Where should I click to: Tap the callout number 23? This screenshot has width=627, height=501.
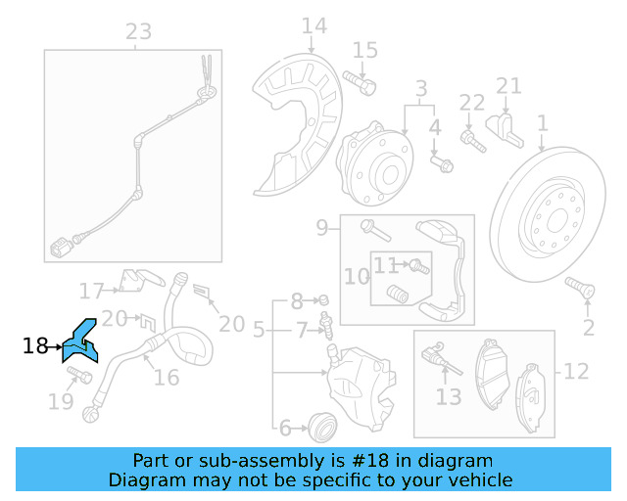(138, 31)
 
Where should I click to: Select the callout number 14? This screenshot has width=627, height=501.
(314, 25)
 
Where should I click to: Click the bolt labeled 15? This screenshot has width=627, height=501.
(364, 84)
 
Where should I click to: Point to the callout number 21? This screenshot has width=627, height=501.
(508, 86)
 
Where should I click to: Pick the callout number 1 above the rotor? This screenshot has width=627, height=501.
(542, 124)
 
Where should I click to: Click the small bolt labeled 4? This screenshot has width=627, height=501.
(443, 163)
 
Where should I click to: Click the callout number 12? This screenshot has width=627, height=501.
(575, 372)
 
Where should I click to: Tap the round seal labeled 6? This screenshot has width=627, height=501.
(321, 426)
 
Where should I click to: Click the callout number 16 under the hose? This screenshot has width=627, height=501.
(167, 378)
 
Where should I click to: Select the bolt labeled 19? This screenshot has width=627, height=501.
(81, 375)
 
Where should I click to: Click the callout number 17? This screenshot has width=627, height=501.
(92, 291)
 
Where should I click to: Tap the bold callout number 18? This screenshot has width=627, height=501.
(35, 345)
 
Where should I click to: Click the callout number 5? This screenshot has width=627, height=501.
(259, 331)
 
